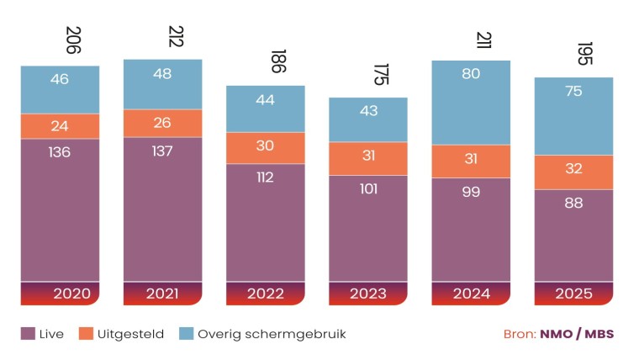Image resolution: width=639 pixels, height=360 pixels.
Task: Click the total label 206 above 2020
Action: coord(72,40)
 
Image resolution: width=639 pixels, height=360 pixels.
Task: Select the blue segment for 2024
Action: coord(471,102)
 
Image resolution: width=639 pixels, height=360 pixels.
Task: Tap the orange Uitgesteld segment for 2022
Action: coord(265,147)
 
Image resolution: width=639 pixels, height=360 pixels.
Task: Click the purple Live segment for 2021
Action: coord(162,209)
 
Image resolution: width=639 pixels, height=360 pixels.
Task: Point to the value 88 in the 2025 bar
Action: coord(573,203)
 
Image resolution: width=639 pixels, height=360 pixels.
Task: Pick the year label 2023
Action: coord(368,294)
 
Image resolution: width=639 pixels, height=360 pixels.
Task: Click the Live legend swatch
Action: coord(28,334)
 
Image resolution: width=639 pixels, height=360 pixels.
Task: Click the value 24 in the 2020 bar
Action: coord(60,126)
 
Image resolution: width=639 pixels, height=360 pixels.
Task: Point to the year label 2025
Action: coord(573,294)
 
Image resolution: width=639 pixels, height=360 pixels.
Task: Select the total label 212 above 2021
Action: coord(175,36)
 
